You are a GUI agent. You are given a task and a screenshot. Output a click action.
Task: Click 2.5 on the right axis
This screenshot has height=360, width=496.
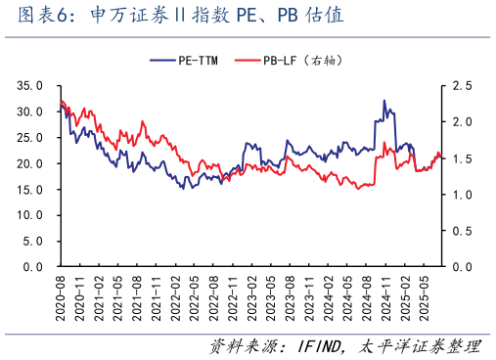click(460, 86)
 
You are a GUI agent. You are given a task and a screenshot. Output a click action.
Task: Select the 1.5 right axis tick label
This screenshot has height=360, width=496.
click(460, 158)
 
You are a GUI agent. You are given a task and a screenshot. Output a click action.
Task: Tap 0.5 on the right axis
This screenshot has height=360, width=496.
click(460, 231)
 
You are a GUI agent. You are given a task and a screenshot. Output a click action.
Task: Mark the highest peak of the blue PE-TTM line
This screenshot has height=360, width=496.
click(384, 100)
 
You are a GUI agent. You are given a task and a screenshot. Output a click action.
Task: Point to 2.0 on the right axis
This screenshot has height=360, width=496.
click(460, 122)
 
